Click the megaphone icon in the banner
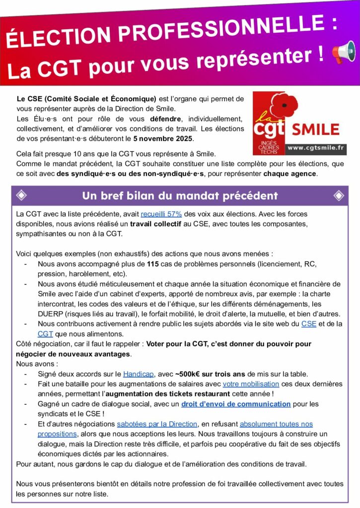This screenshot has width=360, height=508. (x=344, y=53)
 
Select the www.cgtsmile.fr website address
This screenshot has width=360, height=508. (x=316, y=147)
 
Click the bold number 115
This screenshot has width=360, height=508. (x=153, y=263)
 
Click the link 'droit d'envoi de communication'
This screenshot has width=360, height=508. (x=236, y=404)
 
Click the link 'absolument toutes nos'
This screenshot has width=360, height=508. (x=276, y=424)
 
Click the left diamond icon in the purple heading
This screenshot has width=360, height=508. (x=22, y=195)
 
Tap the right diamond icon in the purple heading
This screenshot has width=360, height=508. (x=339, y=195)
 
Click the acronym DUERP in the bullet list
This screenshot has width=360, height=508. (x=50, y=314)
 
